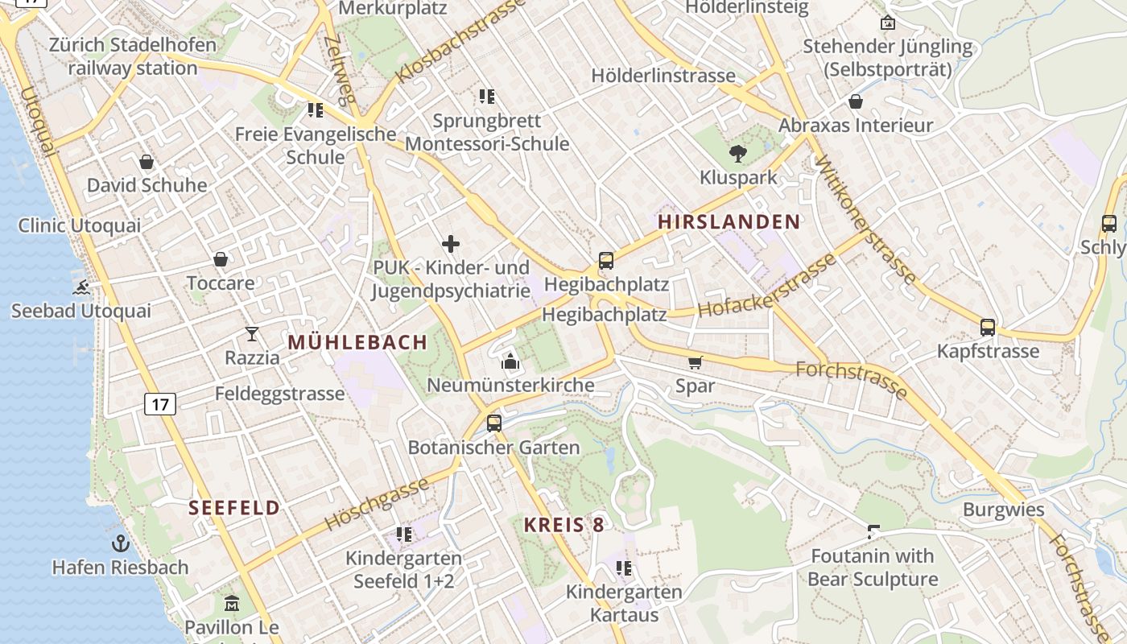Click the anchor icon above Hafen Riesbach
[x=121, y=543]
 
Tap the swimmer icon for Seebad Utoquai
[x=80, y=287]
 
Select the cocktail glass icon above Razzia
[x=252, y=334]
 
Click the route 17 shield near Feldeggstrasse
[x=160, y=403]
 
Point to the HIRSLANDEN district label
[x=729, y=222]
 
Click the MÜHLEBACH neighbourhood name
[x=357, y=342]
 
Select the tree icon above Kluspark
[x=737, y=154]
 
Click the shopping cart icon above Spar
[x=695, y=362]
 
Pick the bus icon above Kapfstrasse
[x=988, y=328]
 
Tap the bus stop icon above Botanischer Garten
[x=494, y=423]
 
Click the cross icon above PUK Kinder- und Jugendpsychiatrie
[x=451, y=243]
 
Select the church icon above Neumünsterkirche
[x=510, y=361]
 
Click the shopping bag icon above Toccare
[x=221, y=259]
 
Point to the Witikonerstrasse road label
[x=865, y=219]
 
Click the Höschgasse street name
[x=376, y=504]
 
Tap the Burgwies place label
[x=1003, y=510]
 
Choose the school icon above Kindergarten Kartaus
[x=624, y=568]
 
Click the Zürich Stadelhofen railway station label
[x=133, y=56]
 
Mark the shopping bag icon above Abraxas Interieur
[x=856, y=101]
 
